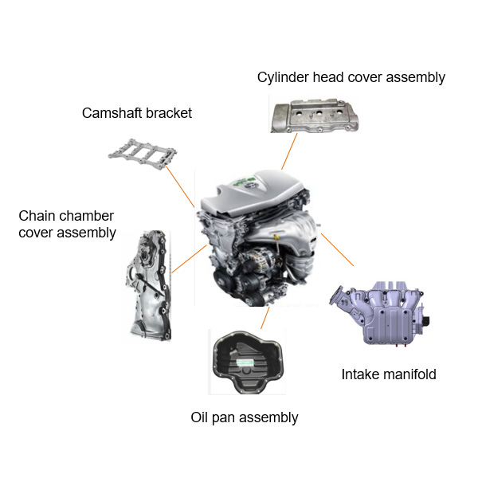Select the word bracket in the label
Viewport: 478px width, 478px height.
coord(170,113)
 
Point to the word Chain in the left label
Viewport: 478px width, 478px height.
coord(36,216)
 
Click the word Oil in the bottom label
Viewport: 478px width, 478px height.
coord(201,417)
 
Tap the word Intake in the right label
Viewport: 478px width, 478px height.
coord(362,374)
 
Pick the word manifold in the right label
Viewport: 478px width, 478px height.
coord(411,374)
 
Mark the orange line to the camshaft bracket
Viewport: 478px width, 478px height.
coord(182,186)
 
